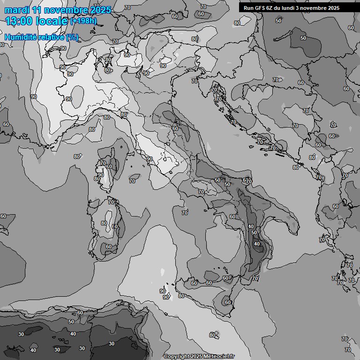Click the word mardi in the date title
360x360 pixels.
(17, 10)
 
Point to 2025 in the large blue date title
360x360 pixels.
(101, 10)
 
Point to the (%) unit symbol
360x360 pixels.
(72, 37)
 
